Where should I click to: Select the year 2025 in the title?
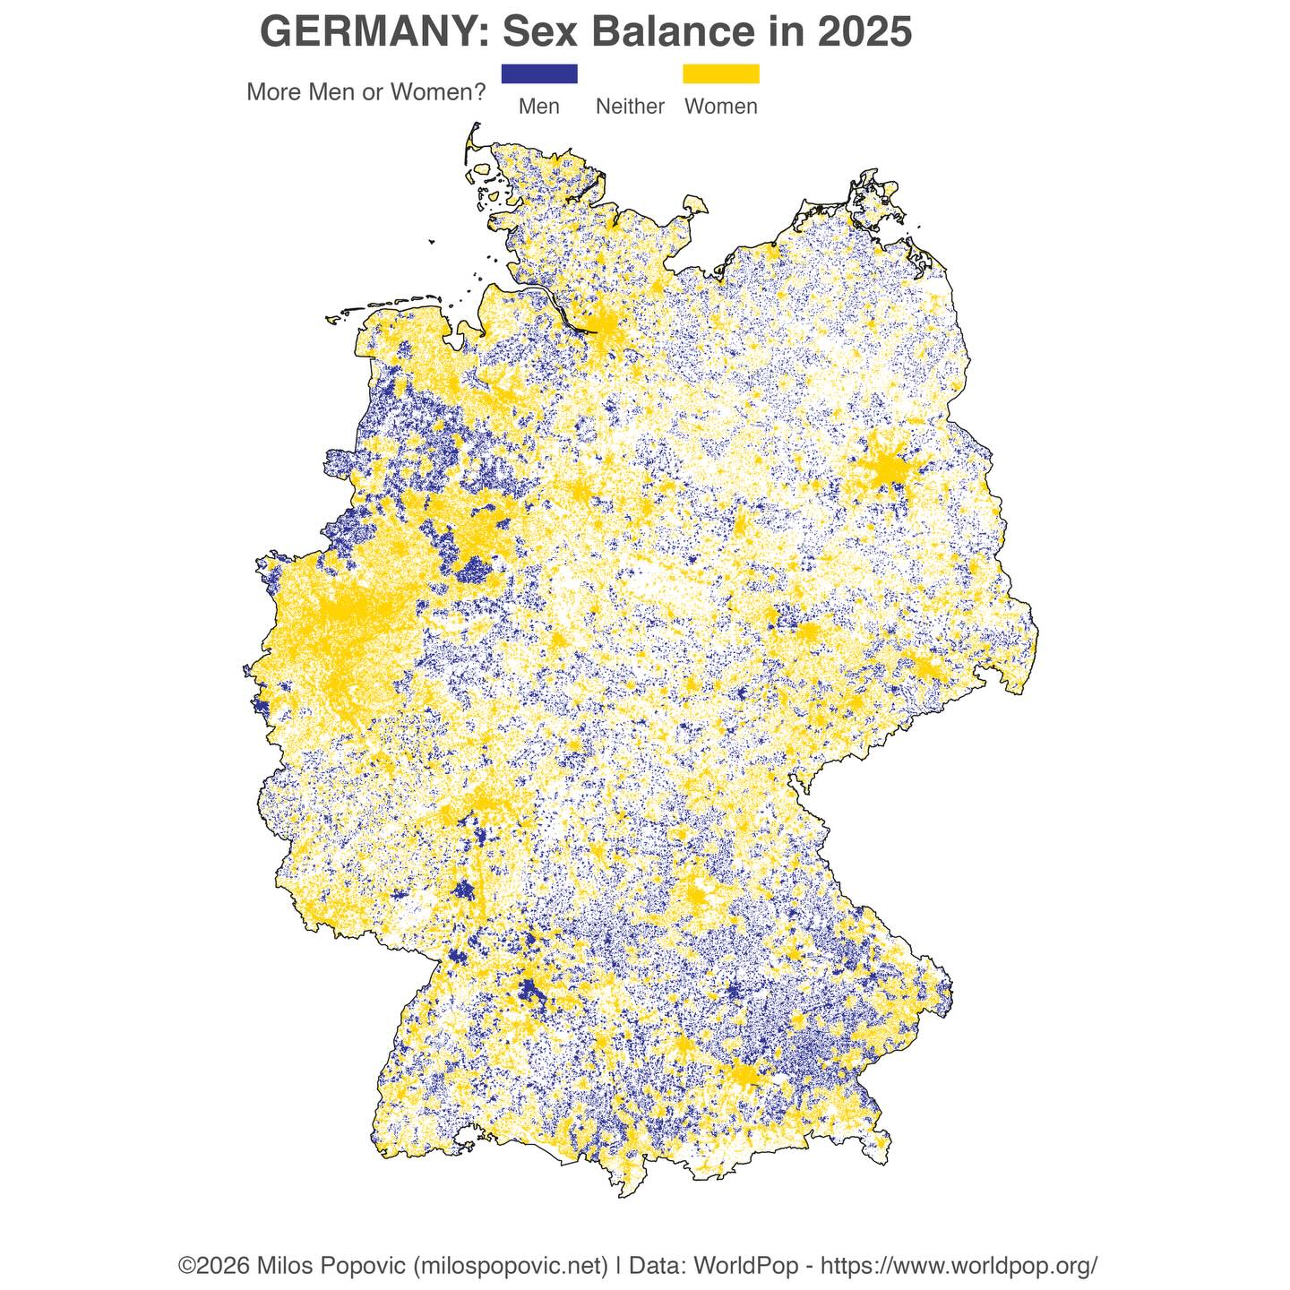(x=864, y=33)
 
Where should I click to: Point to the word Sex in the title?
(x=537, y=33)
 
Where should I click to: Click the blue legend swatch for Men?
(x=539, y=73)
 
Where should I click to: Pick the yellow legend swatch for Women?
(x=720, y=73)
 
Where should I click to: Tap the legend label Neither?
(x=630, y=107)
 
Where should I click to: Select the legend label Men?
(x=539, y=107)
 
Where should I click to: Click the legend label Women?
(x=720, y=107)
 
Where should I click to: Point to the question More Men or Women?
(x=365, y=92)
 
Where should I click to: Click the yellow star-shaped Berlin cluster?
(x=886, y=468)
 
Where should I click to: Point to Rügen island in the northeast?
(x=873, y=202)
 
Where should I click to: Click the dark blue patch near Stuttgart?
(x=529, y=992)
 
